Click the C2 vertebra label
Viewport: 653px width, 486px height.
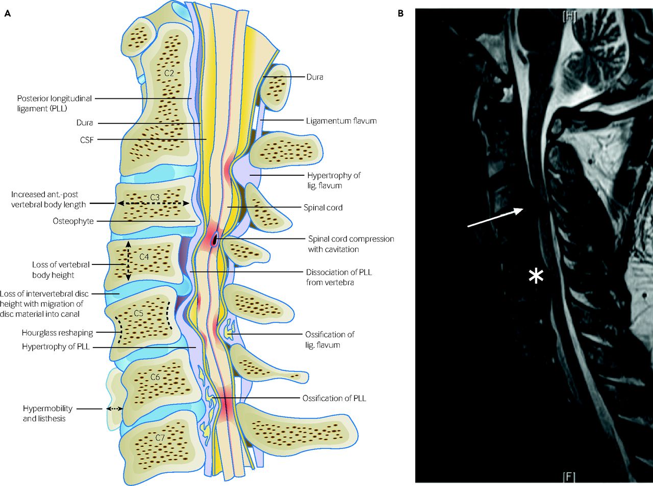[x=169, y=72]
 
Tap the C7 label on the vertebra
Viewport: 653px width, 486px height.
[x=160, y=437]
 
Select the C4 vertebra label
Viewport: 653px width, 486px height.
[x=144, y=256]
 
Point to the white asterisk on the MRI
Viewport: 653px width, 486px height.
[x=536, y=276]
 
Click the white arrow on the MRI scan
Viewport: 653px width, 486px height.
[x=495, y=218]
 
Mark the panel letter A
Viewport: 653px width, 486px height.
[x=8, y=14]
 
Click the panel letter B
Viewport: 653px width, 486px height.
[x=400, y=14]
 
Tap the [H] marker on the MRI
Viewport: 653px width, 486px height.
[x=569, y=17]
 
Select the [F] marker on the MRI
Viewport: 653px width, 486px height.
[x=569, y=477]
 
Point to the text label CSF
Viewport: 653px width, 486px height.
[x=87, y=140]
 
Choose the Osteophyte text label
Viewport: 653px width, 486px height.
[x=73, y=221]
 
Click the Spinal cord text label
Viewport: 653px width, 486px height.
[x=323, y=207]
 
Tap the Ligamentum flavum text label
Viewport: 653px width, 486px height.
[x=341, y=121]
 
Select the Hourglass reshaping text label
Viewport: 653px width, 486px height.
[x=58, y=333]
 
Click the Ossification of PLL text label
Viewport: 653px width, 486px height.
[x=334, y=398]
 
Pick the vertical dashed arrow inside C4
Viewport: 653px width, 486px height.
[x=128, y=261]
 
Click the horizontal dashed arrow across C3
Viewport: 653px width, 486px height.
[x=153, y=203]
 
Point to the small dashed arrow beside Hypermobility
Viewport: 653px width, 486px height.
[x=115, y=409]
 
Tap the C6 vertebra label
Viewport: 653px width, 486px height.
[x=155, y=377]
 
